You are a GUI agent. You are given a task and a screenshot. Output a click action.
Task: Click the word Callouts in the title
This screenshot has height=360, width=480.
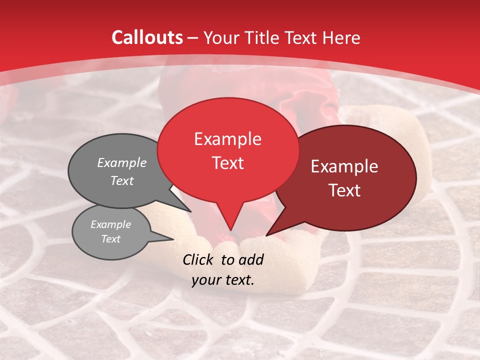(x=147, y=37)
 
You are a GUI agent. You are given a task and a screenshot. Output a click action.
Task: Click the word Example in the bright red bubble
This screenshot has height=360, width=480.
(x=227, y=139)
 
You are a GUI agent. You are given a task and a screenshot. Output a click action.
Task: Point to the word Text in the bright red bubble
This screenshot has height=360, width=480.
(x=227, y=163)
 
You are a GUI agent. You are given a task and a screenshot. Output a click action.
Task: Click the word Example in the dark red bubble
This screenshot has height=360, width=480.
(x=344, y=166)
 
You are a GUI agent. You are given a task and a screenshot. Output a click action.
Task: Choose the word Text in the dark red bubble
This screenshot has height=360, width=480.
(x=344, y=190)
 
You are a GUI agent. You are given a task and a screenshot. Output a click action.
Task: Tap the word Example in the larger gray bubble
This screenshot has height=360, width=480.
(x=122, y=162)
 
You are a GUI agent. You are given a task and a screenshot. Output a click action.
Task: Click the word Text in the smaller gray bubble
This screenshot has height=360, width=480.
(x=111, y=239)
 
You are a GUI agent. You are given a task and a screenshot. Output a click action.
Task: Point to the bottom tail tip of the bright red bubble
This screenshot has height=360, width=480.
(x=230, y=230)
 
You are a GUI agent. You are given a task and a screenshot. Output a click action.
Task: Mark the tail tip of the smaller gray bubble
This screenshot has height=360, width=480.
(x=173, y=239)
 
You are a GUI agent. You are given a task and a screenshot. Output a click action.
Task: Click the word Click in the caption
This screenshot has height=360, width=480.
(x=199, y=259)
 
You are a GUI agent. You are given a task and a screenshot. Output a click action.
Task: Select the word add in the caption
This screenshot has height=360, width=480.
(x=252, y=259)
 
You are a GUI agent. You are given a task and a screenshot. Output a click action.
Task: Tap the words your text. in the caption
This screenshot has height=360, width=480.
(x=223, y=280)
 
